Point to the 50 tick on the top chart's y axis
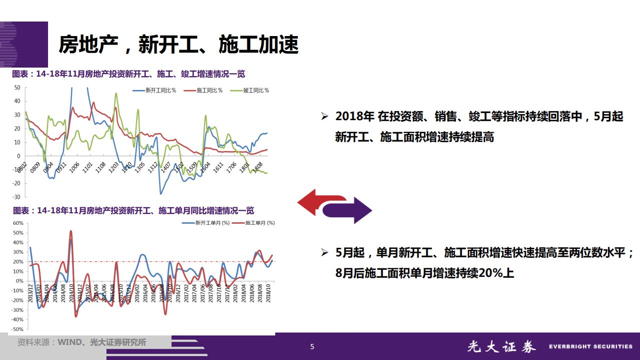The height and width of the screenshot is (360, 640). point(17,88)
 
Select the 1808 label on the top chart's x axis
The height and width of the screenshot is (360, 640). point(259,167)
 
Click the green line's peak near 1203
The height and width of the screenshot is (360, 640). point(116,93)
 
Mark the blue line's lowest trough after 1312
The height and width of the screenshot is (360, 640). point(161,194)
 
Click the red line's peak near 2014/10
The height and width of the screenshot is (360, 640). point(71,231)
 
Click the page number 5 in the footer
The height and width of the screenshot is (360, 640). point(312,346)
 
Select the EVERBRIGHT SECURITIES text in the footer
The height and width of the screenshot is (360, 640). point(590,346)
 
